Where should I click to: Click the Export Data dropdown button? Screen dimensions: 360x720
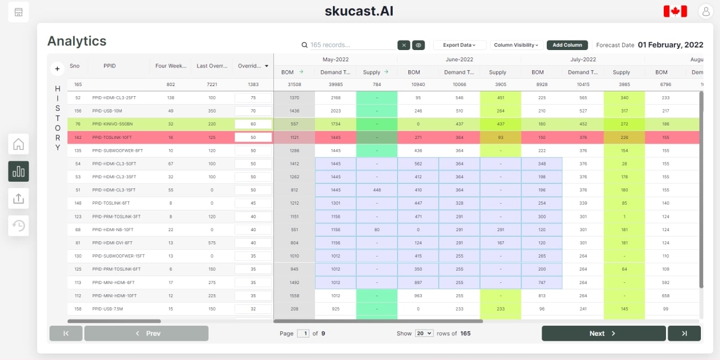click(460, 45)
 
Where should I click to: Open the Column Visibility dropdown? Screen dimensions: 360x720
click(516, 45)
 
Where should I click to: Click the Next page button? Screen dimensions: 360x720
click(603, 334)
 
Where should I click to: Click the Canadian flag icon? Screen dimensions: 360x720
click(675, 11)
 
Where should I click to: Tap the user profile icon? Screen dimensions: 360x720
click(705, 11)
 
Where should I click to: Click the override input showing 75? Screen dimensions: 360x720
click(253, 97)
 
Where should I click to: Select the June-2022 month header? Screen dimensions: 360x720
click(459, 60)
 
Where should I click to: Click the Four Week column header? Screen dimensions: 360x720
click(170, 66)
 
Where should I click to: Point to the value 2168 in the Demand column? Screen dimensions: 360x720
click(335, 98)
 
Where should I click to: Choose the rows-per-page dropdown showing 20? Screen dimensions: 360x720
click(424, 334)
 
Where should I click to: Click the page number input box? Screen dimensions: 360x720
click(303, 334)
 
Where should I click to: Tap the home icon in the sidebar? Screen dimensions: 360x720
click(19, 145)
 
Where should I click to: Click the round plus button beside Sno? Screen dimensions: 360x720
click(57, 69)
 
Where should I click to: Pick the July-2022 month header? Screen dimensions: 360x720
click(583, 60)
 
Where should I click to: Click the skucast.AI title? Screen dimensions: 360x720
click(359, 11)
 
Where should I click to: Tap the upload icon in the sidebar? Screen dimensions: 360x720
click(19, 199)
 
